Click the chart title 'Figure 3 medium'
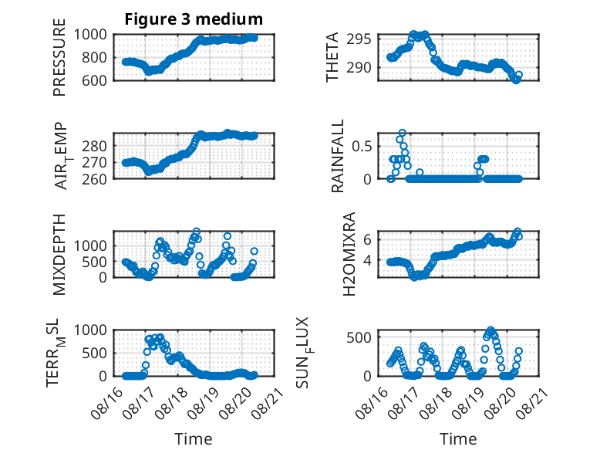[x=194, y=19]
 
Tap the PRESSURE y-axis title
[x=59, y=57]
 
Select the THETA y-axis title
[x=332, y=57]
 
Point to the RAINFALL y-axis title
[x=338, y=156]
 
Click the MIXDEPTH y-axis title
[x=59, y=255]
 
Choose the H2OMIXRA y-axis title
[x=349, y=254]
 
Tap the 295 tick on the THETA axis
[x=359, y=39]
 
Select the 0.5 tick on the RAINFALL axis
[x=362, y=147]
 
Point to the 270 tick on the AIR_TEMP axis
[x=94, y=163]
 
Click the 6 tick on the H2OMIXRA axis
[x=367, y=240]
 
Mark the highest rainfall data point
[x=402, y=133]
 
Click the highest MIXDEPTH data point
[x=197, y=232]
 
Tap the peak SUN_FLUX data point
[x=491, y=330]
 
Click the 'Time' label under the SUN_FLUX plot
[x=458, y=438]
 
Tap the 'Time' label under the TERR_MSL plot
[x=194, y=438]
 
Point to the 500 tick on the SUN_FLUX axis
[x=359, y=338]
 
